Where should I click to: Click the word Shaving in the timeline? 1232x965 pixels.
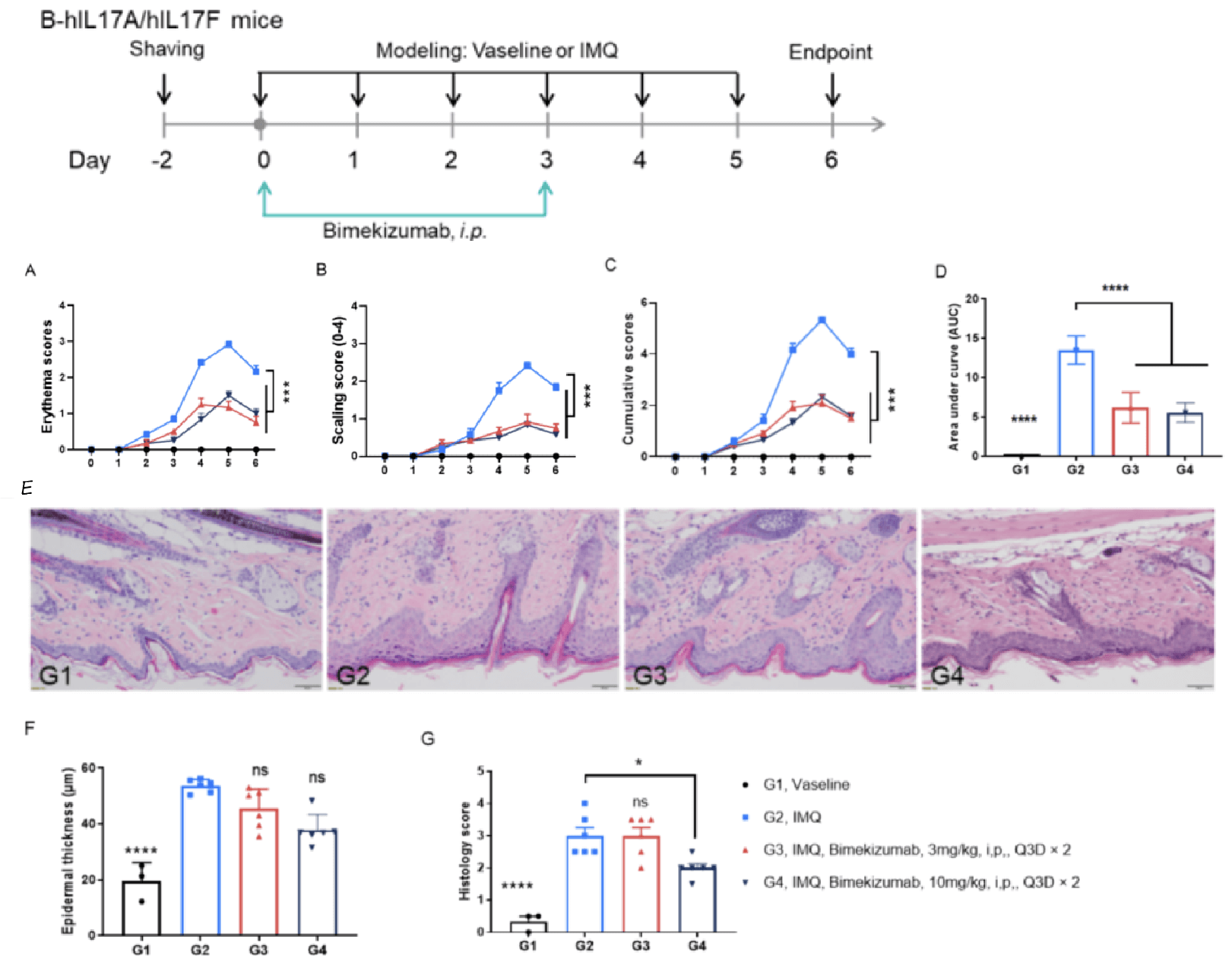(166, 49)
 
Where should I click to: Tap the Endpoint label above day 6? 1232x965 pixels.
(830, 52)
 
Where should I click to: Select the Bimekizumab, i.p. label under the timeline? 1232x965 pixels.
(404, 230)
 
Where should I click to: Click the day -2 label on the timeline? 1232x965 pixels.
(161, 160)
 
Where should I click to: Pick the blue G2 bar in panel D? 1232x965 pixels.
(1075, 403)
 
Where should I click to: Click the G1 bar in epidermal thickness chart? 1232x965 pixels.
(141, 907)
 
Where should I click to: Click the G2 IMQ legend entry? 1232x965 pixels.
(792, 818)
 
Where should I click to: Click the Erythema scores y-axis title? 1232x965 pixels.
(47, 376)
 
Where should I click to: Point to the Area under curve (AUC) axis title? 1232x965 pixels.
(953, 377)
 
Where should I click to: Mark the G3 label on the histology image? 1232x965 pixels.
(650, 675)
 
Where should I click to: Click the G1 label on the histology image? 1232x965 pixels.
(55, 675)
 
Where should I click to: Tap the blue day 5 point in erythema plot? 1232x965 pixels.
(228, 344)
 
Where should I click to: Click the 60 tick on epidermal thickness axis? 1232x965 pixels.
(88, 768)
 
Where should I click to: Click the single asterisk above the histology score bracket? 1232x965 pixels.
(639, 763)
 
